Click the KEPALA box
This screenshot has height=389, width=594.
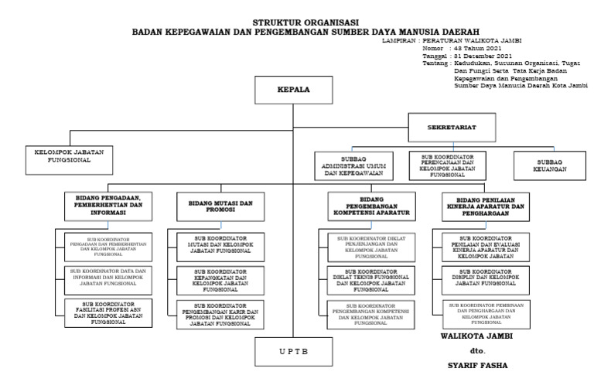(294, 90)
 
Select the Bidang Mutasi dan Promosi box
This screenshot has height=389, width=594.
(210, 207)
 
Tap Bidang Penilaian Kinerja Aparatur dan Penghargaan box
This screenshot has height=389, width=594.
(486, 207)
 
